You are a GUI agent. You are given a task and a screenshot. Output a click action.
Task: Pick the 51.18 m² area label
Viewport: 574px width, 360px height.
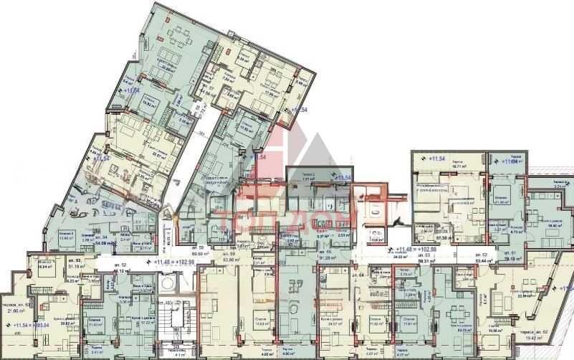click(x=74, y=265)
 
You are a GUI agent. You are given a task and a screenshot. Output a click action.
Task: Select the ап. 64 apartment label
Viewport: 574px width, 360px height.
click(x=340, y=275)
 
